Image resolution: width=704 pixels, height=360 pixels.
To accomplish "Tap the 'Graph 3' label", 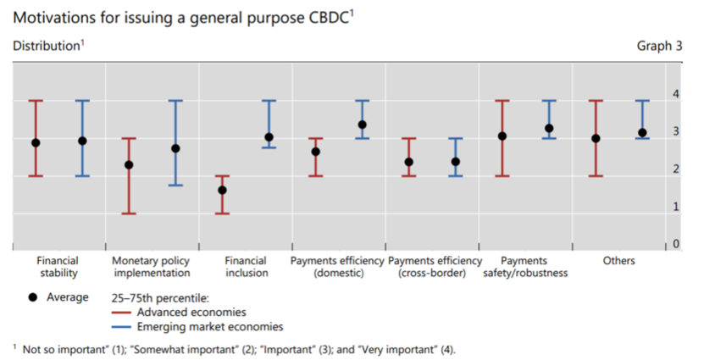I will click(x=659, y=46).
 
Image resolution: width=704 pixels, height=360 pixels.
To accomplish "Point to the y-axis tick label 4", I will click(x=675, y=93).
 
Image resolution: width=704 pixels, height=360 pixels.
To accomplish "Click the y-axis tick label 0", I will click(x=675, y=244).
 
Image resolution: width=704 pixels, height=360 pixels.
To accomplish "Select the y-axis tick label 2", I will click(x=675, y=169).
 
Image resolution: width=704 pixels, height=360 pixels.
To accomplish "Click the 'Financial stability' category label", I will click(x=58, y=267).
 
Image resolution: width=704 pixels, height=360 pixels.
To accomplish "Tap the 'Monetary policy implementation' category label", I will click(x=152, y=267).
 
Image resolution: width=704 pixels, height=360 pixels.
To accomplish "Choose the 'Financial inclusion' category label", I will click(x=246, y=267).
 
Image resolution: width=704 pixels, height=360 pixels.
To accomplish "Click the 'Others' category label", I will click(x=618, y=261).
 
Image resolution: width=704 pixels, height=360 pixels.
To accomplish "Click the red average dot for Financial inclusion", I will click(x=222, y=190).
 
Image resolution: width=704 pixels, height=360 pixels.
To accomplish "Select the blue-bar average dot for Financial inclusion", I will click(x=269, y=137).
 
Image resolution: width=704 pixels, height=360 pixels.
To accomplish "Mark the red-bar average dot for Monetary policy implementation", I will click(x=129, y=165).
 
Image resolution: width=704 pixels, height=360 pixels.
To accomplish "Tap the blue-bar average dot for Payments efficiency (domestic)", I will click(x=362, y=125).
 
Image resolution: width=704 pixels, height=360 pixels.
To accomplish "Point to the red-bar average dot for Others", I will click(x=596, y=138).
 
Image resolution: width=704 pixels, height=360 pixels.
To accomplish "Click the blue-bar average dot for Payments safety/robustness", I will click(x=549, y=129).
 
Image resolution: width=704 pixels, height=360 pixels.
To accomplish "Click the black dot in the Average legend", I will click(x=34, y=297).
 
